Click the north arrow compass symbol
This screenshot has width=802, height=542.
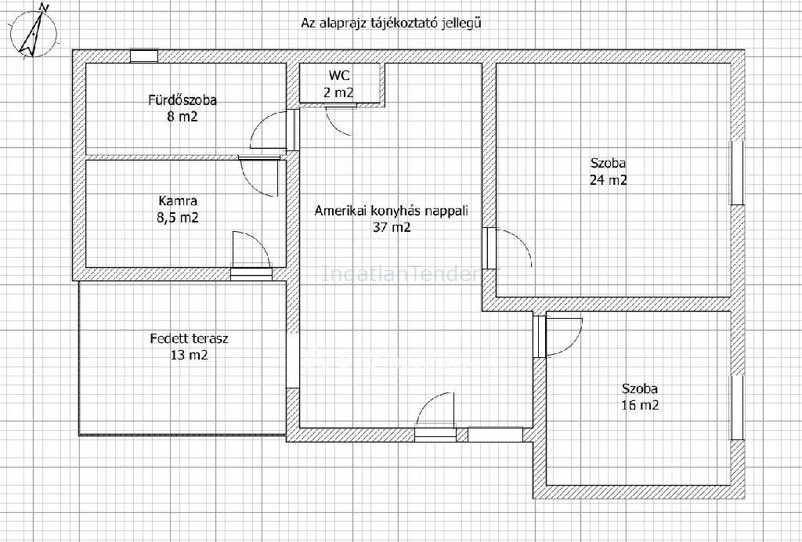pos(34,30)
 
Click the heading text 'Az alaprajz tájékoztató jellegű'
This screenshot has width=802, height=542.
pos(391,23)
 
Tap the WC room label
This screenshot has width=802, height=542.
pos(340,76)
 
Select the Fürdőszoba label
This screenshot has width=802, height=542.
pos(182,99)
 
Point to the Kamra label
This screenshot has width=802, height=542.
pos(178,201)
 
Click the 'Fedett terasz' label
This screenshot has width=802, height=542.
pos(190,338)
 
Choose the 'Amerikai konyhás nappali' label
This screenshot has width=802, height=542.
pos(392,211)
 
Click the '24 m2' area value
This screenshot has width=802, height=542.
pos(609,180)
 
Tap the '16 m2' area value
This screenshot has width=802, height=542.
pos(640,406)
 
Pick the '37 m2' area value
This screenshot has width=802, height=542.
pos(392,228)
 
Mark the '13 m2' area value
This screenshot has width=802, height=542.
pos(190,355)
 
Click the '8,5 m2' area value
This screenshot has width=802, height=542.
pos(178,218)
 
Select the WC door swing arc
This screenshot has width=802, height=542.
pos(338,121)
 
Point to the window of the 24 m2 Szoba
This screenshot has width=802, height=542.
pos(736,173)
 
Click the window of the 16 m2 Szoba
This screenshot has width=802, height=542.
pos(736,407)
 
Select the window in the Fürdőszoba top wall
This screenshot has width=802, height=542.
pos(144,56)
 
